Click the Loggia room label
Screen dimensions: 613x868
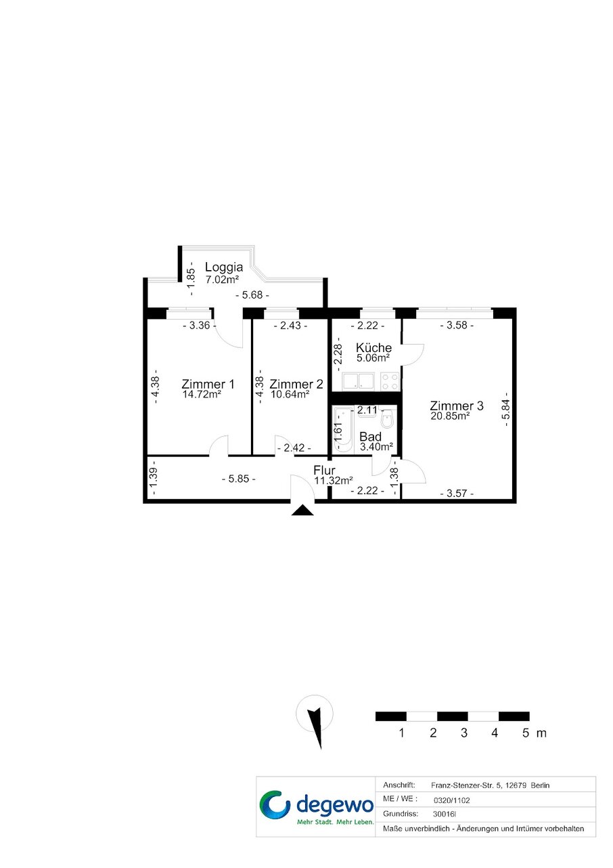(224, 267)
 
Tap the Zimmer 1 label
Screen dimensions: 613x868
(208, 384)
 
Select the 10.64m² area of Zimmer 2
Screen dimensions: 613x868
(290, 395)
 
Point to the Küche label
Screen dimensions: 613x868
(373, 347)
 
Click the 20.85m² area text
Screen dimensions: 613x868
(450, 416)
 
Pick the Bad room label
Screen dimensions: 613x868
(370, 437)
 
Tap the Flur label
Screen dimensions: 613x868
(324, 471)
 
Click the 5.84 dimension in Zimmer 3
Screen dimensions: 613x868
(505, 409)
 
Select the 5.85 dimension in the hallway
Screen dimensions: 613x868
(239, 479)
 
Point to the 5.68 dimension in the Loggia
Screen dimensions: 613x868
(252, 295)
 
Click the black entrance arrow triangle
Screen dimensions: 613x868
(302, 511)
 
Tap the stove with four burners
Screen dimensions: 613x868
(390, 381)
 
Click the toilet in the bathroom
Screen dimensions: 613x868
(387, 418)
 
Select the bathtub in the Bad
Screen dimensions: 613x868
(343, 430)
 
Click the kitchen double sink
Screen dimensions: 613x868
(358, 381)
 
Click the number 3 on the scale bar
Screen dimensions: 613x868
(464, 733)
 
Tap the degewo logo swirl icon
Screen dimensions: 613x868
(275, 804)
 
